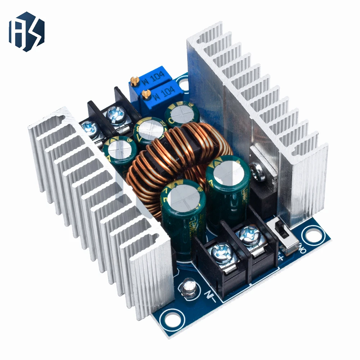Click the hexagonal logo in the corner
click(x=27, y=31)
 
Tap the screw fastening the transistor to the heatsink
click(x=259, y=171)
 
